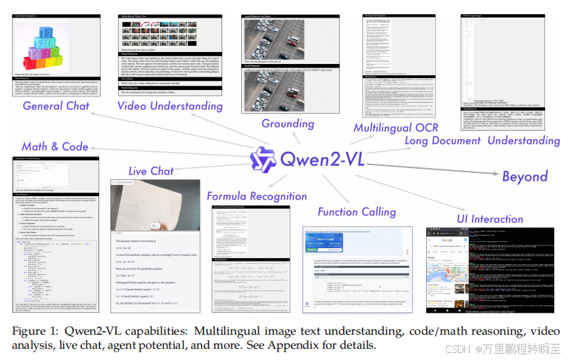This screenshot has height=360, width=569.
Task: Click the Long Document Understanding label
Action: [x=482, y=141]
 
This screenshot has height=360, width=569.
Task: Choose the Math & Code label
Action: [x=56, y=146]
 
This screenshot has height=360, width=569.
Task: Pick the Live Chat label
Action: [x=151, y=171]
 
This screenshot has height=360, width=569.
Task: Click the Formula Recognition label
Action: [x=257, y=196]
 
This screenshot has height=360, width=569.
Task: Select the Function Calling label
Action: [x=357, y=212]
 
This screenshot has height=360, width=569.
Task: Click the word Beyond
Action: [x=525, y=176]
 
